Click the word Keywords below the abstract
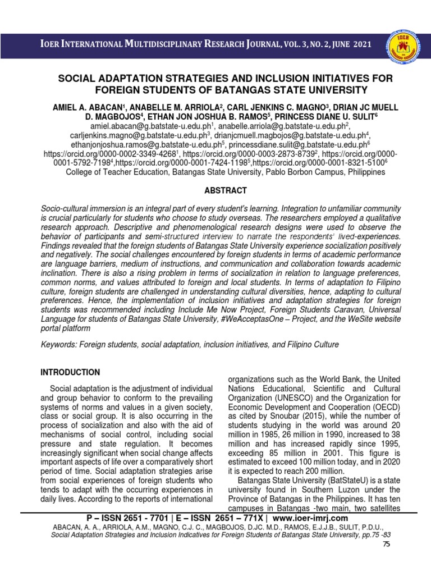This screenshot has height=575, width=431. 60,344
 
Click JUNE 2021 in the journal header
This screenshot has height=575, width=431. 348,44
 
